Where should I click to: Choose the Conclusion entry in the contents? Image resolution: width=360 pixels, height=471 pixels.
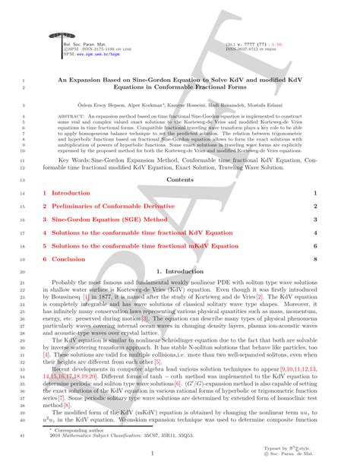click(x=68, y=259)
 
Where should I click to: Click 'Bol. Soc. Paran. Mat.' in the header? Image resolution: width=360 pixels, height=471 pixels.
click(x=77, y=45)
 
